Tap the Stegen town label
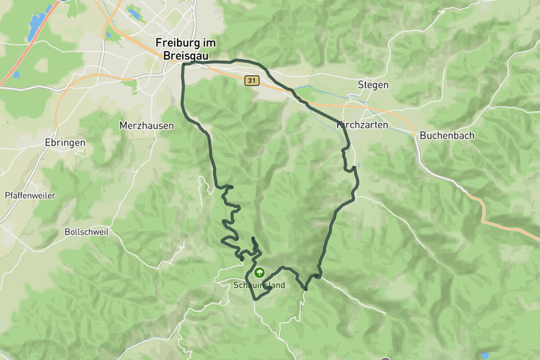coord(373,85)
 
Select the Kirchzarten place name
coord(363,124)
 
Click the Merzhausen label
coord(146,125)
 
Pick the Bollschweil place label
coord(86,232)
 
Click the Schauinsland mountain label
coord(259,285)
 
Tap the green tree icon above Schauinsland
coord(259,272)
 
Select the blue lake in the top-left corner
coord(34,26)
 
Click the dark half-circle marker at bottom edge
coord(385,358)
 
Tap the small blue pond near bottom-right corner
coord(485,355)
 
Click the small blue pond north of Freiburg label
coord(135,13)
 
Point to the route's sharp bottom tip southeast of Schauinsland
coord(306,289)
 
